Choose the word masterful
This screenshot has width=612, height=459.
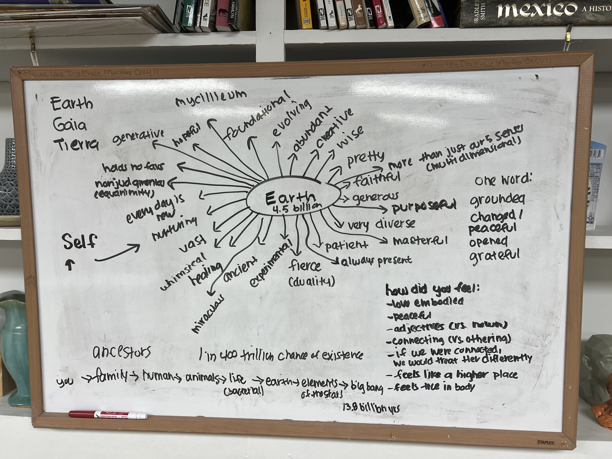tap(420, 241)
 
